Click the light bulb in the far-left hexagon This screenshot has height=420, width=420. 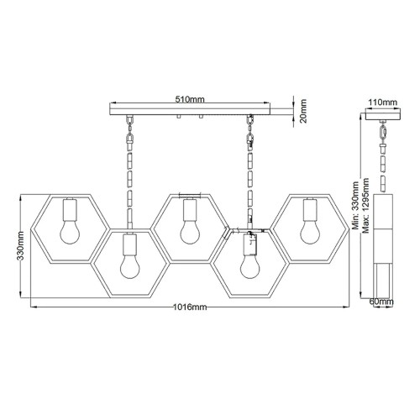coord(70,228)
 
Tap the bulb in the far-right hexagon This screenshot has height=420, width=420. coord(307,228)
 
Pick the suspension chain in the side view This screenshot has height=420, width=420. coord(383,155)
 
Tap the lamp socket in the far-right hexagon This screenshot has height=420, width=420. coord(307,207)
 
